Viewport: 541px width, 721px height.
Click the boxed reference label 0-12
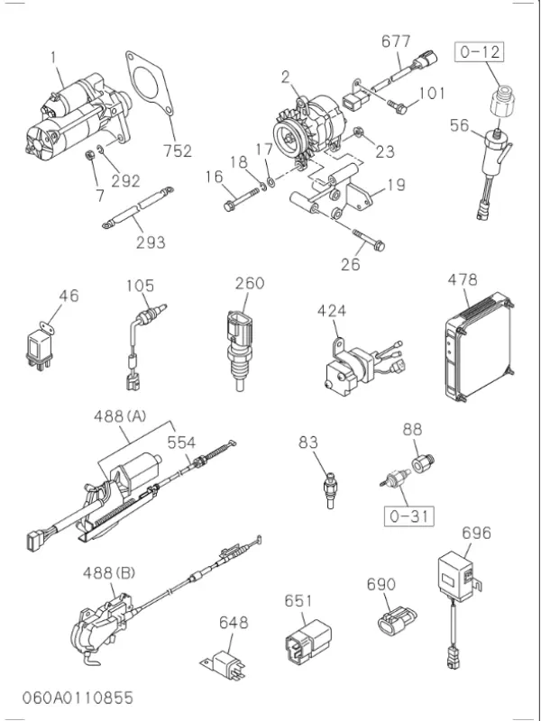point(480,51)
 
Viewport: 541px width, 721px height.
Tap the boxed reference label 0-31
point(409,516)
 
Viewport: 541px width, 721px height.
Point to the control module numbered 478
point(479,347)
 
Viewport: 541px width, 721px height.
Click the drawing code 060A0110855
point(78,698)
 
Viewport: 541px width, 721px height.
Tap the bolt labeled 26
point(369,241)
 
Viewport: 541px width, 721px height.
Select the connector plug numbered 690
point(396,621)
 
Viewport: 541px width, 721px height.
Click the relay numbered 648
point(224,664)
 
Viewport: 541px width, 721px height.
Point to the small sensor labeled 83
point(331,491)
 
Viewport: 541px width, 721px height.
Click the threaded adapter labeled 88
point(423,462)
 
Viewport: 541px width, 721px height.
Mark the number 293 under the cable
point(151,242)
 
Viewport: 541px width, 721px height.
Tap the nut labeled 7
point(90,155)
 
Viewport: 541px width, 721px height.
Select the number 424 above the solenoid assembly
point(332,311)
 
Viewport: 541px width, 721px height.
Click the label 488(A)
point(120,416)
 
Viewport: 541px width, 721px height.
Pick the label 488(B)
point(108,573)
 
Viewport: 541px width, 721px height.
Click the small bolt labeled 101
point(397,107)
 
